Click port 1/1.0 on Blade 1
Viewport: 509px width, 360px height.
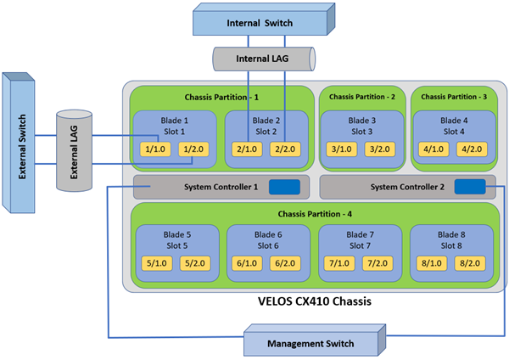[157, 150]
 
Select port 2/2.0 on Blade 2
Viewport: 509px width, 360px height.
[284, 150]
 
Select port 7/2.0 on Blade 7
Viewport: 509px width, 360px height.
[376, 263]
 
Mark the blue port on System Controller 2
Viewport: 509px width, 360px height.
[469, 188]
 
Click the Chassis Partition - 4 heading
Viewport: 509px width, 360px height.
[309, 211]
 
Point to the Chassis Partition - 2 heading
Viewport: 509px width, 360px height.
[362, 96]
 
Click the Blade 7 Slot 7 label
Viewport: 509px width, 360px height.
[359, 239]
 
